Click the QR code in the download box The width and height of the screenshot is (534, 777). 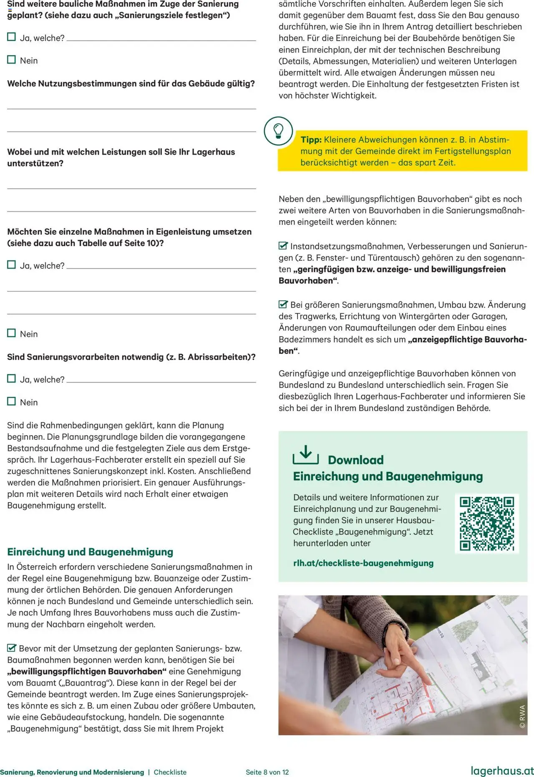(486, 524)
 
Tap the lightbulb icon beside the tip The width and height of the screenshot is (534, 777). (278, 131)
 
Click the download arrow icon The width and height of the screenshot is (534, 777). (305, 455)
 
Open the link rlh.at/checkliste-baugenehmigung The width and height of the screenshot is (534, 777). (363, 563)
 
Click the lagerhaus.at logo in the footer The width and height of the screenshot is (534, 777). (502, 771)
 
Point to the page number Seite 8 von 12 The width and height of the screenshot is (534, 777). (267, 772)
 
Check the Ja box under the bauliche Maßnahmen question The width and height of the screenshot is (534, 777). (12, 37)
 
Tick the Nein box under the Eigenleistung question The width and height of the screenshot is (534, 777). (12, 333)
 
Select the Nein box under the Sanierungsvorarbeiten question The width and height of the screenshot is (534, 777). (12, 401)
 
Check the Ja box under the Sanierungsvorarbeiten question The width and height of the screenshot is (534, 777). (12, 378)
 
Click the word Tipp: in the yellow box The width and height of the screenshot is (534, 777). (311, 140)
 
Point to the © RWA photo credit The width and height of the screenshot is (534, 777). (522, 717)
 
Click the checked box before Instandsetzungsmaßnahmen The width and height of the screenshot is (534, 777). (283, 246)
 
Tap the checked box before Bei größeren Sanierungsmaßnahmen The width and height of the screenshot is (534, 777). (283, 304)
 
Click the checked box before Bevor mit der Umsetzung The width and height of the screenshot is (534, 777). (12, 648)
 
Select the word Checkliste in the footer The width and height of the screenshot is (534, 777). (170, 772)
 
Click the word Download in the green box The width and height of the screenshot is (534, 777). (355, 460)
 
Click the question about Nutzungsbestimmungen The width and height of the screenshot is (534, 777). (131, 83)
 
